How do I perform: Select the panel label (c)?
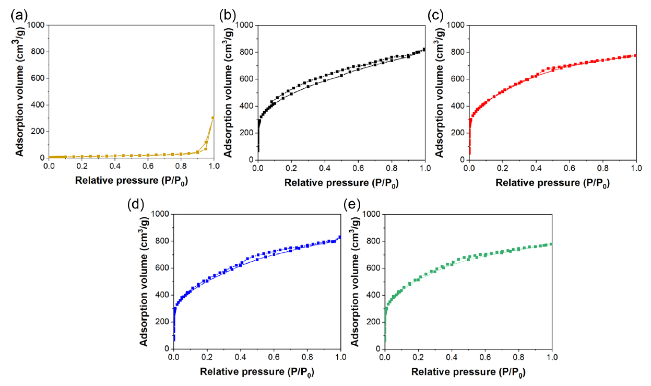[x=435, y=15]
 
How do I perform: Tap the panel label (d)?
[x=135, y=204]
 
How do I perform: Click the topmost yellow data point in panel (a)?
[x=213, y=118]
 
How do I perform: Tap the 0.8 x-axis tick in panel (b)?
[x=392, y=168]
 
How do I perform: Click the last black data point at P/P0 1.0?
[x=424, y=50]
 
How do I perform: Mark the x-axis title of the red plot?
[x=552, y=183]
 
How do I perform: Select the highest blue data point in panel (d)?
[x=340, y=237]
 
